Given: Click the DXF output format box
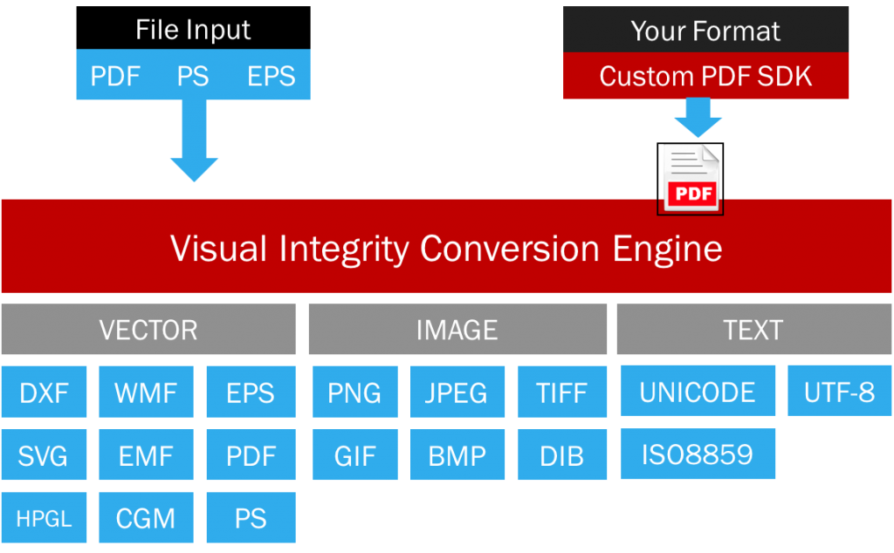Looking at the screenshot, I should tap(44, 392).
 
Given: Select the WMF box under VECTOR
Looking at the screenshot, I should tap(146, 392).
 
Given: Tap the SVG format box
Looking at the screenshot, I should tap(44, 454).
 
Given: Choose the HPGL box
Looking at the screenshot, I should tap(44, 518).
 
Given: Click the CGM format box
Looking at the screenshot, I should tap(146, 518).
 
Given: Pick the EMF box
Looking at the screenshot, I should tap(146, 454).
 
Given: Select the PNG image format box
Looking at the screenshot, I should tap(354, 392).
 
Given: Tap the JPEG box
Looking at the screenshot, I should tap(457, 392).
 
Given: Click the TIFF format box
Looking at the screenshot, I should tap(562, 392).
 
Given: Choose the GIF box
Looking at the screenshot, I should tap(354, 454).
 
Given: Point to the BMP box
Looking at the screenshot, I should tap(457, 454).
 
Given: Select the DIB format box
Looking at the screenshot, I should tap(562, 454).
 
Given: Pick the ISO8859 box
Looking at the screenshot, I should tap(698, 454).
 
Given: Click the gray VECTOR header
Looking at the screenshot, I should tap(148, 330).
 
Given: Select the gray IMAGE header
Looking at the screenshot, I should tap(457, 330).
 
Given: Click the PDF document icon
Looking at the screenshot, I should tap(691, 179).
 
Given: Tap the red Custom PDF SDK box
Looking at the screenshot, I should tap(705, 76).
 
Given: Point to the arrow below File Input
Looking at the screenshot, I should tap(194, 140).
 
